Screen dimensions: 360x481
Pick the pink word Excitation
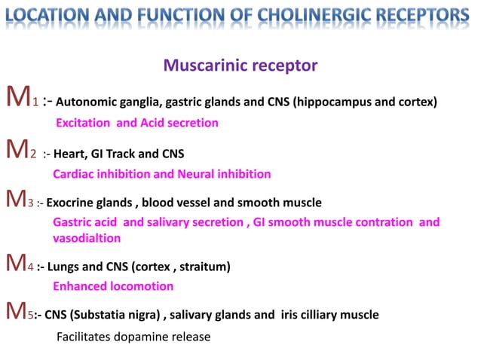pyautogui.click(x=84, y=123)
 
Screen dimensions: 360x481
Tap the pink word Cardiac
pyautogui.click(x=75, y=175)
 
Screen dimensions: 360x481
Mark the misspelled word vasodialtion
pyautogui.click(x=87, y=237)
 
